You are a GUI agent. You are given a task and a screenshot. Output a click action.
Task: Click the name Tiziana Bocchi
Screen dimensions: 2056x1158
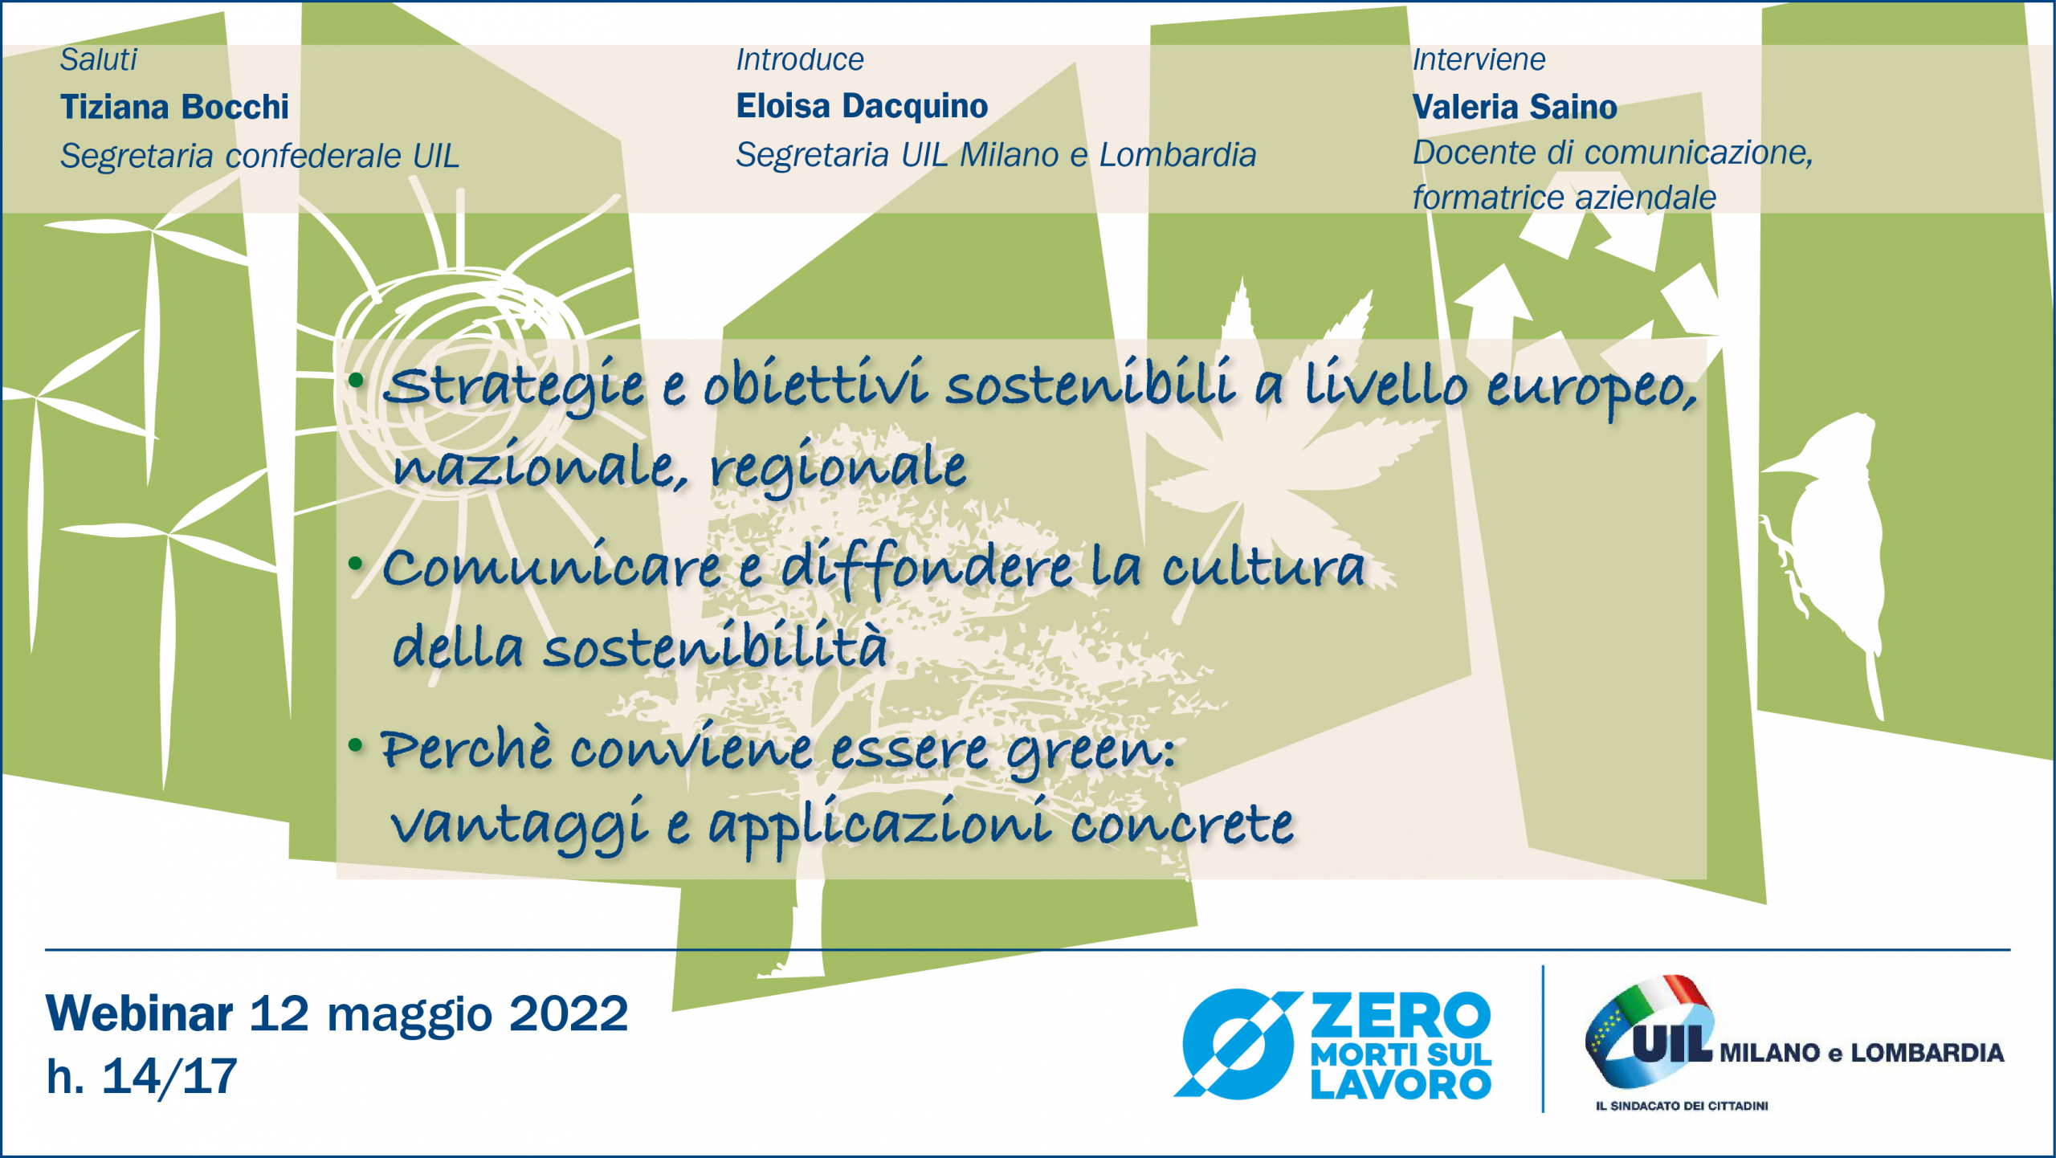pos(174,107)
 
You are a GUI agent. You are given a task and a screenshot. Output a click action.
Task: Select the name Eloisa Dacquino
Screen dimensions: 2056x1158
pos(862,107)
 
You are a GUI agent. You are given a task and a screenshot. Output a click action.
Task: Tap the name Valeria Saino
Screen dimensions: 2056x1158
pos(1515,107)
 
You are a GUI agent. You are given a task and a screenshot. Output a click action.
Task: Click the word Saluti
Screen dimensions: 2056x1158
pos(99,59)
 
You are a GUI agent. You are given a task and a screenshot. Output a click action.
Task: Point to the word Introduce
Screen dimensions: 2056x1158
pos(800,59)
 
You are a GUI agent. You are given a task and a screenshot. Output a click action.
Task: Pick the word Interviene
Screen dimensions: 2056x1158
pos(1479,59)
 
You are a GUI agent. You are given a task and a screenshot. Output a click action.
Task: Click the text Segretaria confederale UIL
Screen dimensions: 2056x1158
pos(259,156)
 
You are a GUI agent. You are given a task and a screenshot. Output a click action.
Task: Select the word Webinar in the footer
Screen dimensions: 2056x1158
pos(140,1013)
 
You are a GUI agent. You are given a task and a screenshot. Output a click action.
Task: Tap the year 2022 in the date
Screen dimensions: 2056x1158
pos(569,1013)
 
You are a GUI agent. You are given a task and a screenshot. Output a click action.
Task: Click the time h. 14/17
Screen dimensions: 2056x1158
pos(142,1077)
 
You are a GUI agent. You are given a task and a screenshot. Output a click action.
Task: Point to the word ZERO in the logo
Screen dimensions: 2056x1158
pos(1401,1015)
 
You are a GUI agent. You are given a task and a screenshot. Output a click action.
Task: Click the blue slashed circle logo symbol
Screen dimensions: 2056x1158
pos(1238,1044)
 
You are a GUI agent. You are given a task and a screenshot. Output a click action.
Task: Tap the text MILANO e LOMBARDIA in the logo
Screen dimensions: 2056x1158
pos(1862,1053)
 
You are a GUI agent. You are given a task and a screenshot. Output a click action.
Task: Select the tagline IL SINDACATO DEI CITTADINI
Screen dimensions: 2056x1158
pos(1682,1106)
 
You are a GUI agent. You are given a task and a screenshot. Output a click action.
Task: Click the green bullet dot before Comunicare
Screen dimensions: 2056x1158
pos(356,564)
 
